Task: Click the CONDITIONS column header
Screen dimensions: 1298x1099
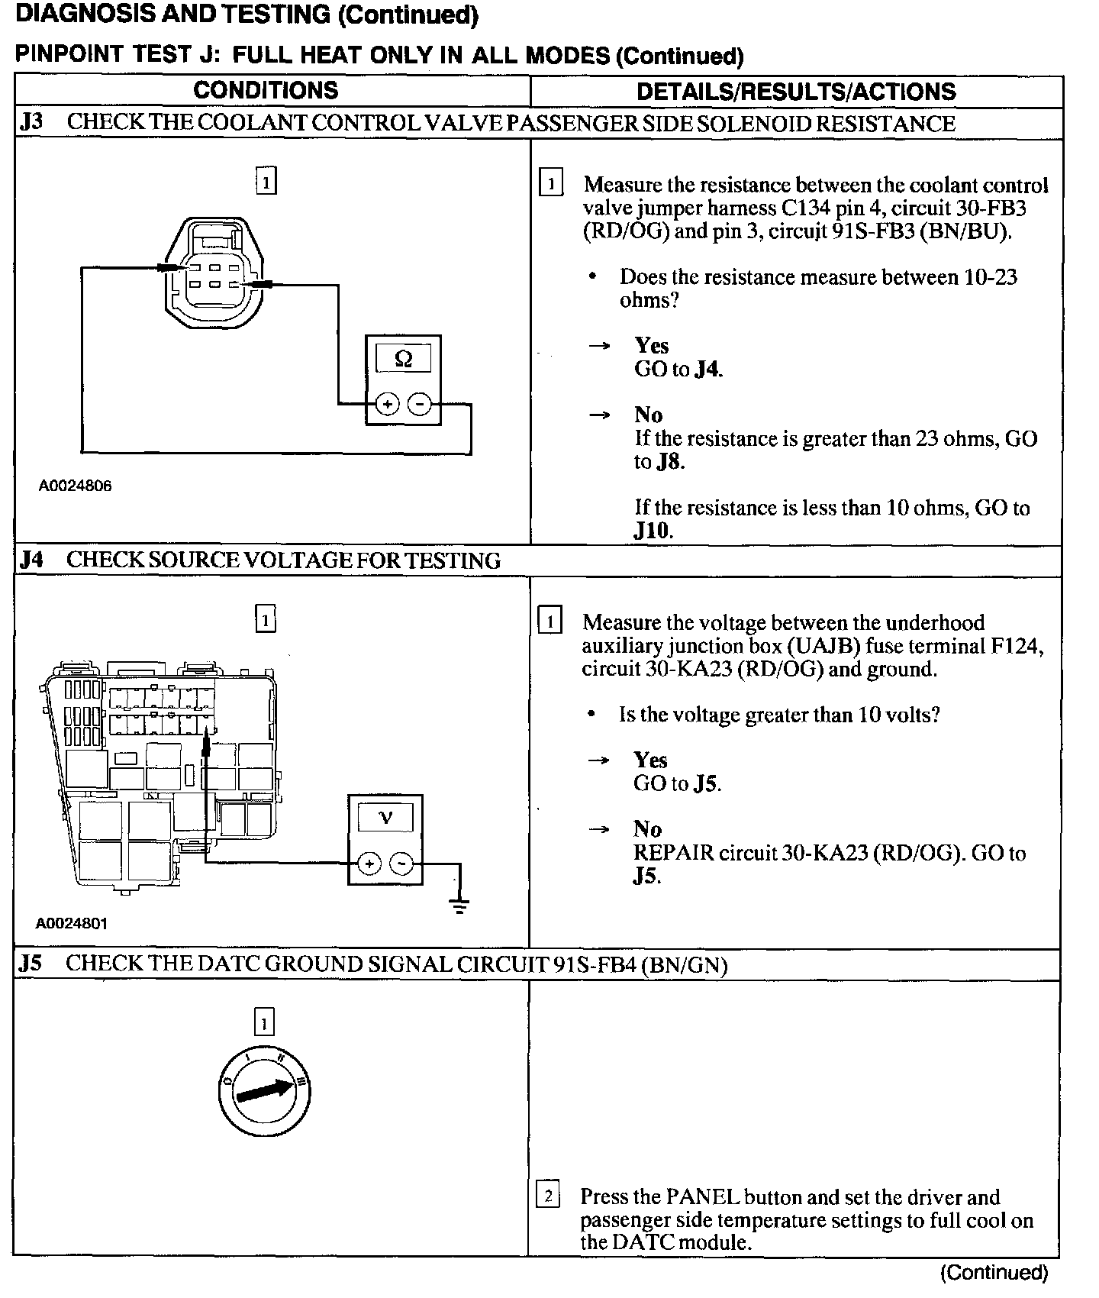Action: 266,90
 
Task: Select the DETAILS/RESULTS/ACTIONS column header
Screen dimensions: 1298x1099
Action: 795,92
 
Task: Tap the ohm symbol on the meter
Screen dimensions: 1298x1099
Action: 404,357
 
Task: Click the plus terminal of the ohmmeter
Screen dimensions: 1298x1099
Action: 387,403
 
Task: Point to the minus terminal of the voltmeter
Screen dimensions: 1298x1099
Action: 401,864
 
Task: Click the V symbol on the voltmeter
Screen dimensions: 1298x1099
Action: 385,818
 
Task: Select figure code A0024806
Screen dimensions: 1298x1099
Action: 76,486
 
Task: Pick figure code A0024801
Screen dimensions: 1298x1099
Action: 72,923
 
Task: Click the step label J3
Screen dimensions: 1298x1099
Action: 31,123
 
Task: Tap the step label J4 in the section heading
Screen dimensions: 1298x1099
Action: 31,560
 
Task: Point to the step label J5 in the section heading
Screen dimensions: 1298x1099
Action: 31,964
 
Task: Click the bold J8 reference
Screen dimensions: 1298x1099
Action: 669,462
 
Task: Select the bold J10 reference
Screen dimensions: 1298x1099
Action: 653,531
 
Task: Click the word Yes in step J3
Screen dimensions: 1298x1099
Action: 651,345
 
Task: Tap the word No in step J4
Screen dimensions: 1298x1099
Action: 647,828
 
